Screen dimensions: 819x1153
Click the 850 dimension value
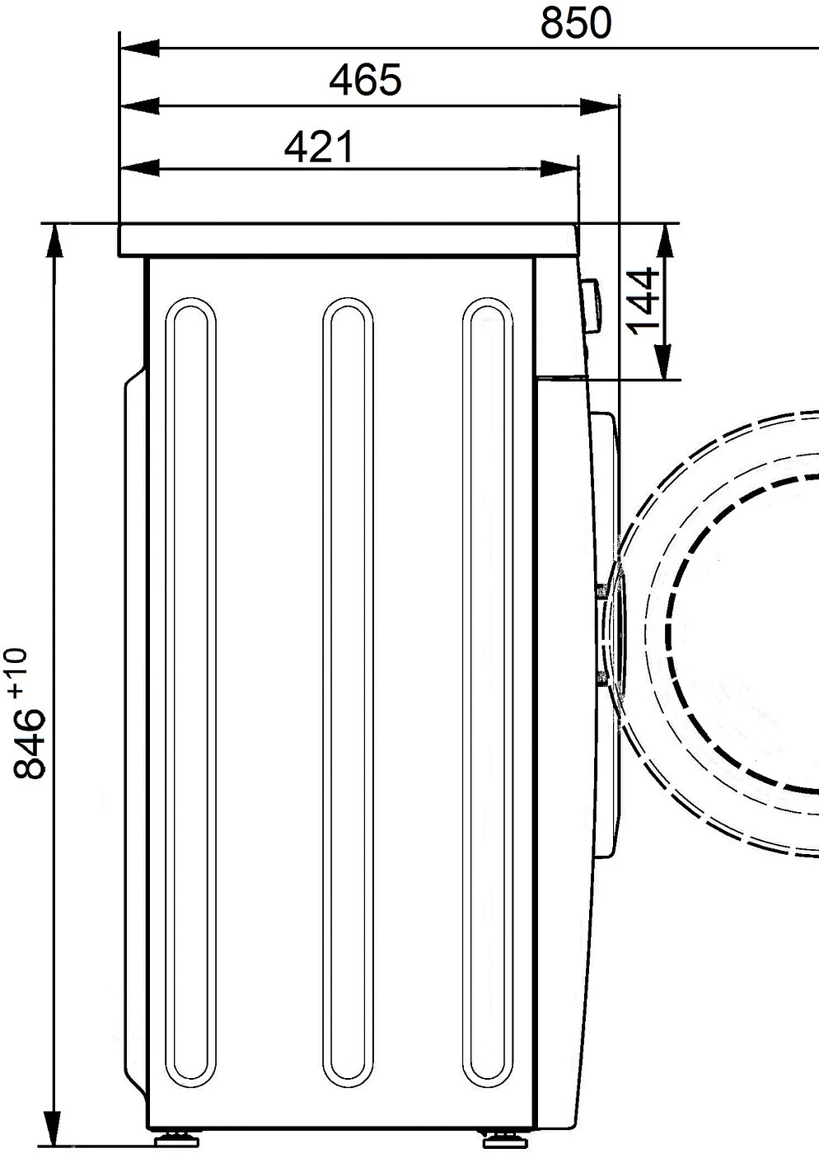tap(576, 23)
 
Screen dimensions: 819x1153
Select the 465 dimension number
tap(365, 81)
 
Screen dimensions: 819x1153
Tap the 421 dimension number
tap(320, 147)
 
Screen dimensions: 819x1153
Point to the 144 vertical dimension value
tap(643, 301)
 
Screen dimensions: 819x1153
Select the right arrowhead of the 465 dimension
tap(599, 107)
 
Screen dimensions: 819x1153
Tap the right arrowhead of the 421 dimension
tap(559, 168)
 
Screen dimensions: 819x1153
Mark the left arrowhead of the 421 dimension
tap(139, 168)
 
